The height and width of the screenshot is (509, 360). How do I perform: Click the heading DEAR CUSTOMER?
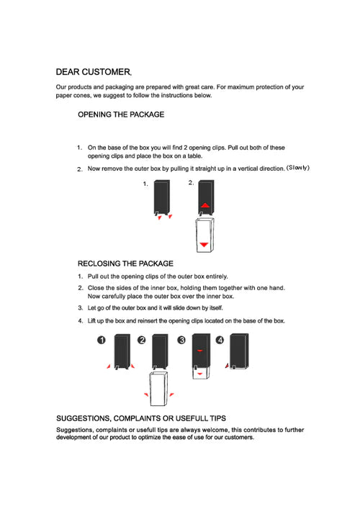tap(94, 72)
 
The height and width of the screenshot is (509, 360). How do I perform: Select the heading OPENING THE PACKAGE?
tap(121, 114)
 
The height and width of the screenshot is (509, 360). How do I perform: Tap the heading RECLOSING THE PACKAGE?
tap(125, 263)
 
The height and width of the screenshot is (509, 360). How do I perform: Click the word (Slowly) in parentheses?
tap(297, 168)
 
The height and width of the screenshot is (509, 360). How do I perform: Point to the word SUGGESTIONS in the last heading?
tap(83, 418)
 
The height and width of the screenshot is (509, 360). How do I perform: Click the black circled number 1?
tap(102, 340)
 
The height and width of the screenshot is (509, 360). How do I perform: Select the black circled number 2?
tap(142, 340)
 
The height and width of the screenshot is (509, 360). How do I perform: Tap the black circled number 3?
tap(181, 340)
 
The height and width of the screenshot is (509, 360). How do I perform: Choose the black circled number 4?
tap(220, 340)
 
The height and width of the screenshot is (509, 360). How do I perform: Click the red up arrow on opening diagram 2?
tap(205, 205)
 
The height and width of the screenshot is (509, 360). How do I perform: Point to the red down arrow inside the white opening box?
tap(204, 245)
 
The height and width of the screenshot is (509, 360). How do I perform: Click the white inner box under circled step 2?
tap(158, 389)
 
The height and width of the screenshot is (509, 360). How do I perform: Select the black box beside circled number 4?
tap(239, 351)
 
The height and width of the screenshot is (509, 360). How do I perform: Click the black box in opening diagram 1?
tap(162, 197)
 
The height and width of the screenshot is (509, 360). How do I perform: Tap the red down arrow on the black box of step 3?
tap(200, 351)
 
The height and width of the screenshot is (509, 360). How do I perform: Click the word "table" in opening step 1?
tap(194, 156)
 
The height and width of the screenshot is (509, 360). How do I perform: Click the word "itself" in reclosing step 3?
tap(216, 307)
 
